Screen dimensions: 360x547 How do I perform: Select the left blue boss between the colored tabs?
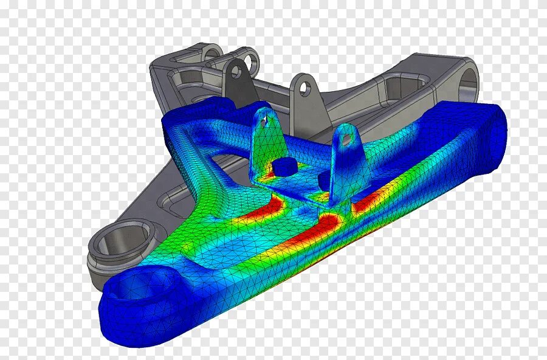[283, 167]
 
